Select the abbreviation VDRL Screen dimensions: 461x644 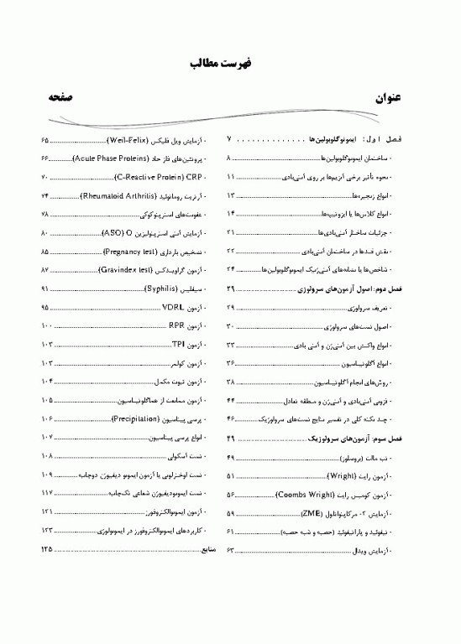point(174,308)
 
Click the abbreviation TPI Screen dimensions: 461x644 point(177,345)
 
